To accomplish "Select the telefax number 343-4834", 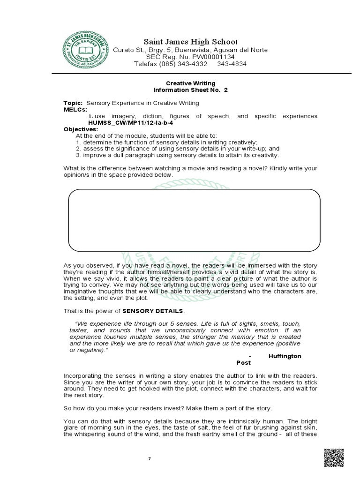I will (231, 64).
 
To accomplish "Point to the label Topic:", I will (73, 103).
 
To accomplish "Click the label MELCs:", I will (75, 109).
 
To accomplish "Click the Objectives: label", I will (81, 129).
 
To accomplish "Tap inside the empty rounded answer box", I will (194, 220).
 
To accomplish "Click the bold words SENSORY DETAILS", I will (153, 311).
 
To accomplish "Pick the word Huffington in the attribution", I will (285, 356).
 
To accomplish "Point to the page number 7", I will (150, 458).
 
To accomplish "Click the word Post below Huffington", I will (243, 363).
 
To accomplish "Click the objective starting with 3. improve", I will (177, 155).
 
